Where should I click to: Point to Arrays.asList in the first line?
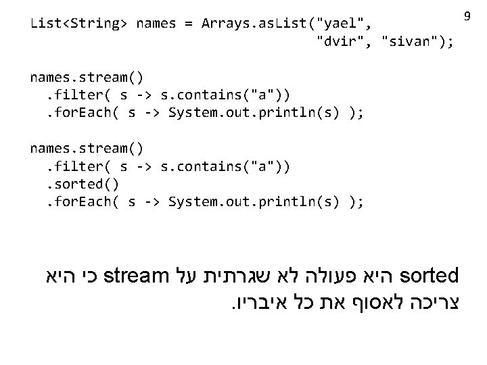coord(258,24)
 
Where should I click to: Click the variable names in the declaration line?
coord(155,24)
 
